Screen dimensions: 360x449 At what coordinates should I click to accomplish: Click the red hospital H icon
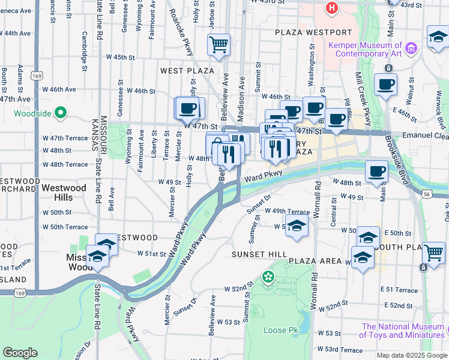[x=331, y=8]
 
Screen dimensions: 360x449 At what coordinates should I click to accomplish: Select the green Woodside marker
[x=60, y=112]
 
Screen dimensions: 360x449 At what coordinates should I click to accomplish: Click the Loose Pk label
[x=280, y=330]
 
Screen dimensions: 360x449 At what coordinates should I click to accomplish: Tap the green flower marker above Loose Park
[x=268, y=277]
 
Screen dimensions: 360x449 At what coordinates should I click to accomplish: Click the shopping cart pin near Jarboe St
[x=218, y=44]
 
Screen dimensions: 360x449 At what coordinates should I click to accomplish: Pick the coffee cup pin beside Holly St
[x=189, y=108]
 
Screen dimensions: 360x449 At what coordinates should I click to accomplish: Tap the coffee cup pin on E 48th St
[x=376, y=171]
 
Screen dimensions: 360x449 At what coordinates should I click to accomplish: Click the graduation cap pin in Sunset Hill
[x=295, y=226]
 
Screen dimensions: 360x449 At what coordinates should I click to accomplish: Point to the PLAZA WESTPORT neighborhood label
[x=313, y=32]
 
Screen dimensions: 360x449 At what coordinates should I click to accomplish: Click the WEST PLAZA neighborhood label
[x=179, y=71]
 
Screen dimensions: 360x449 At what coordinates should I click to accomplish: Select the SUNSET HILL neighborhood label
[x=259, y=254]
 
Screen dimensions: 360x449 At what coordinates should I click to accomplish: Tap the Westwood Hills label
[x=64, y=193]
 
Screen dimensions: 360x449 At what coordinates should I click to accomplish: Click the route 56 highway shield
[x=427, y=193]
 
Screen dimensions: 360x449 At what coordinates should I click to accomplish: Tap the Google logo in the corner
[x=20, y=352]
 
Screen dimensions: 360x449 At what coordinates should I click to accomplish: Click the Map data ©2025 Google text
[x=411, y=355]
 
